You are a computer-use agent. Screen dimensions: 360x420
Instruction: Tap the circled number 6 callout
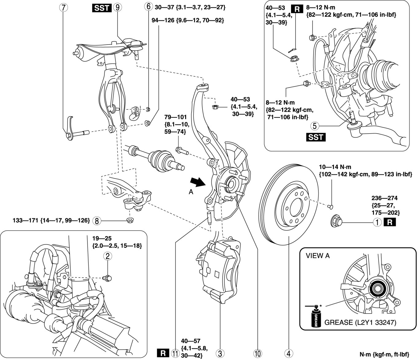148,6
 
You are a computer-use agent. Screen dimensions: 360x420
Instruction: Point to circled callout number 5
314,125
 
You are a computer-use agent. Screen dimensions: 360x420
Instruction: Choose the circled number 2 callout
107,256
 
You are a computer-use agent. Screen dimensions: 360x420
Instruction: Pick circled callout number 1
377,222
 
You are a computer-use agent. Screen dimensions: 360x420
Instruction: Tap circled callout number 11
175,353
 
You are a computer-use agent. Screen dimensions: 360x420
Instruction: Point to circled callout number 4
288,353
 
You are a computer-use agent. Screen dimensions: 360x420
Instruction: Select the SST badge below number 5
316,137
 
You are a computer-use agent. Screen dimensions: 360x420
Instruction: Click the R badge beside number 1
390,222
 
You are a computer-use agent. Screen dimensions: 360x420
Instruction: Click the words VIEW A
318,256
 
